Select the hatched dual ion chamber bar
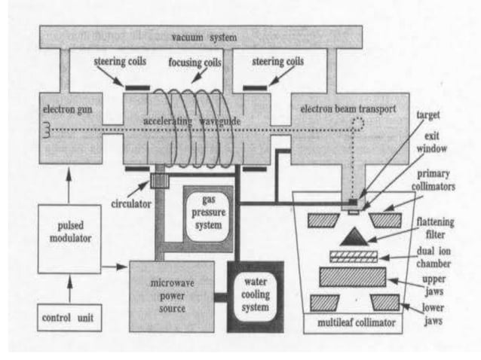tap(349, 257)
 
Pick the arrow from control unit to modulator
tap(67, 288)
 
